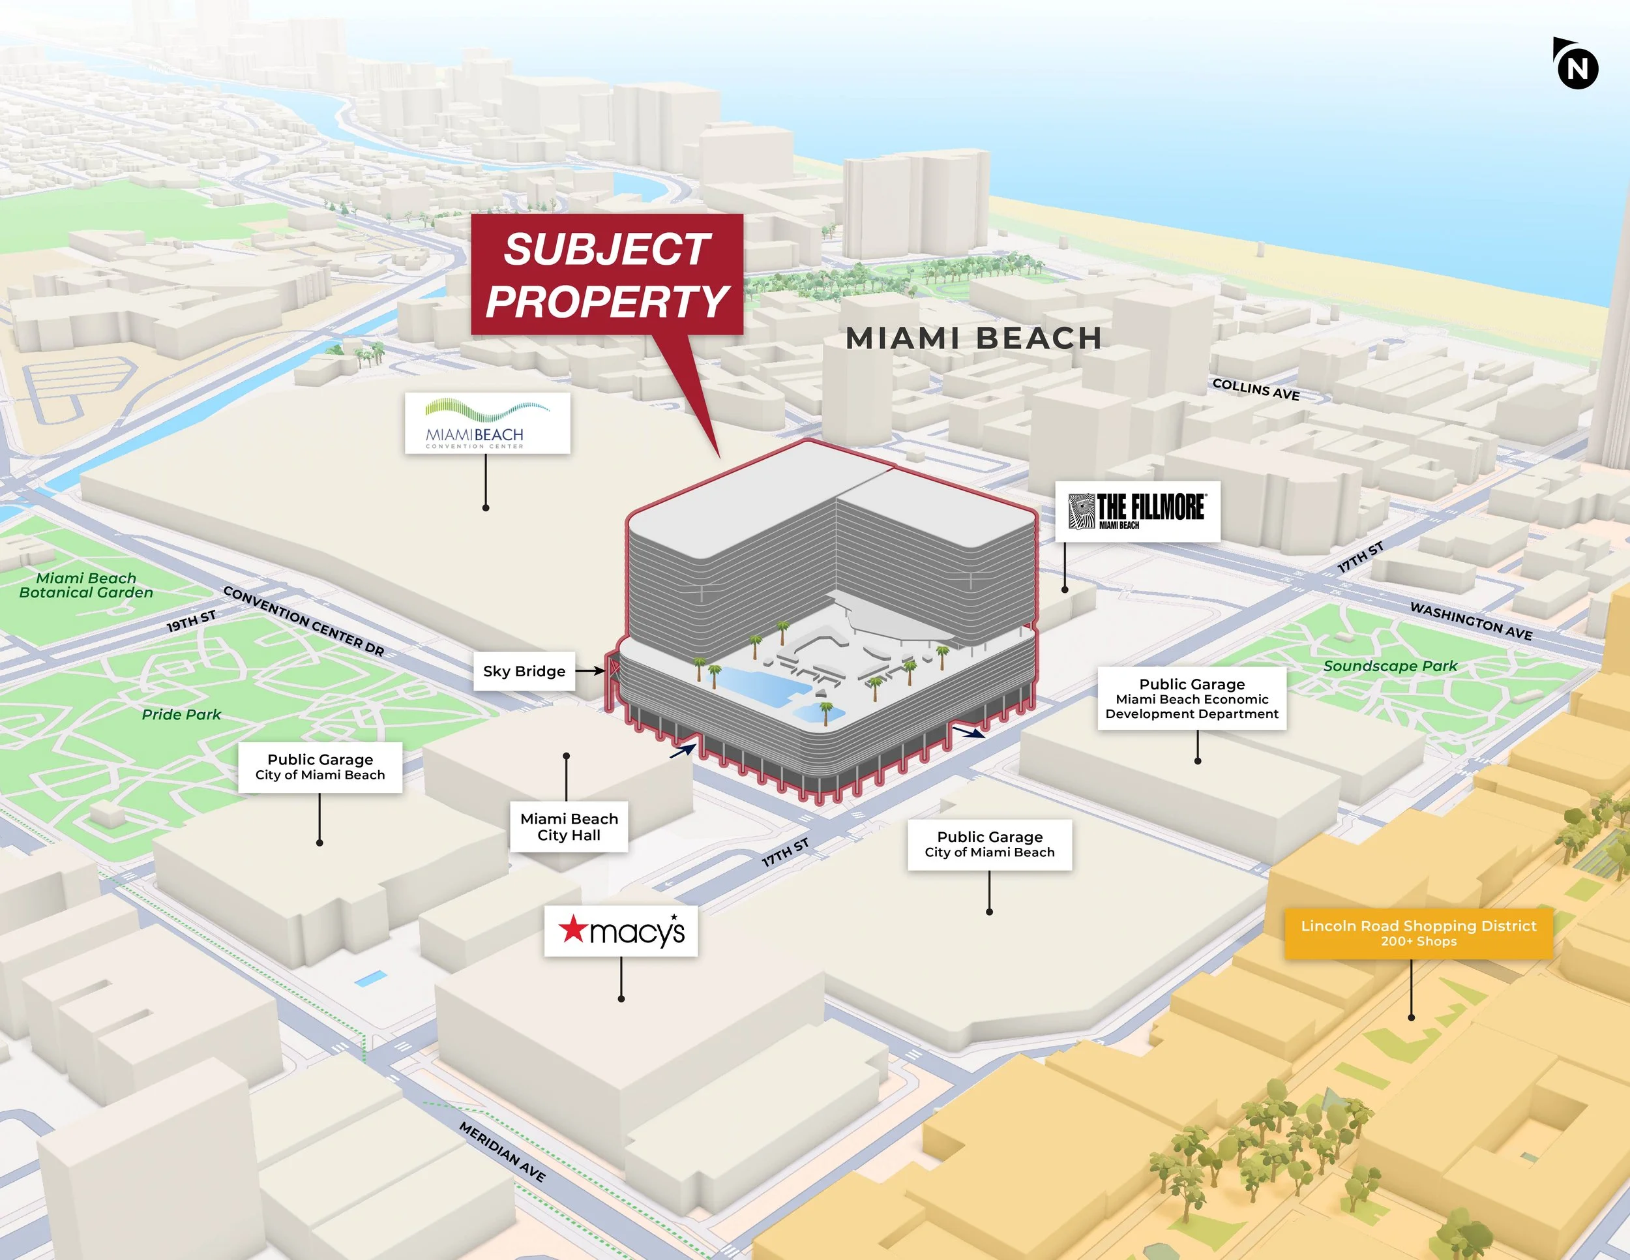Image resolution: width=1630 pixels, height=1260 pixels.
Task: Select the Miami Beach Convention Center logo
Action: click(487, 423)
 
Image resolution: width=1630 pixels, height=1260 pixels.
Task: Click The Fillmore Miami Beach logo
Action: click(1136, 511)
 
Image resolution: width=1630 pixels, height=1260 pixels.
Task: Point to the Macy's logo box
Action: click(621, 931)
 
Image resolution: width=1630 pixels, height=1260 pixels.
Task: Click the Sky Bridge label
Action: click(524, 671)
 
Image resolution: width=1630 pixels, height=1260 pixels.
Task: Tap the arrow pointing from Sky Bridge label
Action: click(589, 671)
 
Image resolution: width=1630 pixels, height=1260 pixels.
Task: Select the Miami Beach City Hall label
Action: click(569, 827)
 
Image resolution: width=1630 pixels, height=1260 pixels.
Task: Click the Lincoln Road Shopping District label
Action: click(1418, 933)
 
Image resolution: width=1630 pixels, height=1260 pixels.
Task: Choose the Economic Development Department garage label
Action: click(1191, 698)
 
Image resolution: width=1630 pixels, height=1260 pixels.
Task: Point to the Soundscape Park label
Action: click(1389, 666)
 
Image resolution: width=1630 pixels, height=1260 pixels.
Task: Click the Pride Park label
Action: click(181, 714)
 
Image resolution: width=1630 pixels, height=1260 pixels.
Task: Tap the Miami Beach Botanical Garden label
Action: click(86, 585)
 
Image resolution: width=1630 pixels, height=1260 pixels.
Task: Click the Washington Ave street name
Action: click(1470, 621)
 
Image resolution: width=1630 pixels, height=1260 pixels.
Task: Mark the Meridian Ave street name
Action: click(502, 1152)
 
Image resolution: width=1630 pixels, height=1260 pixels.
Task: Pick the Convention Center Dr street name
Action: click(304, 621)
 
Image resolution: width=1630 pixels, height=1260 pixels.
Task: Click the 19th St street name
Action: click(191, 621)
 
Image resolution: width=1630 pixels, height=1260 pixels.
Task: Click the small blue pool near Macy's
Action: click(370, 978)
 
